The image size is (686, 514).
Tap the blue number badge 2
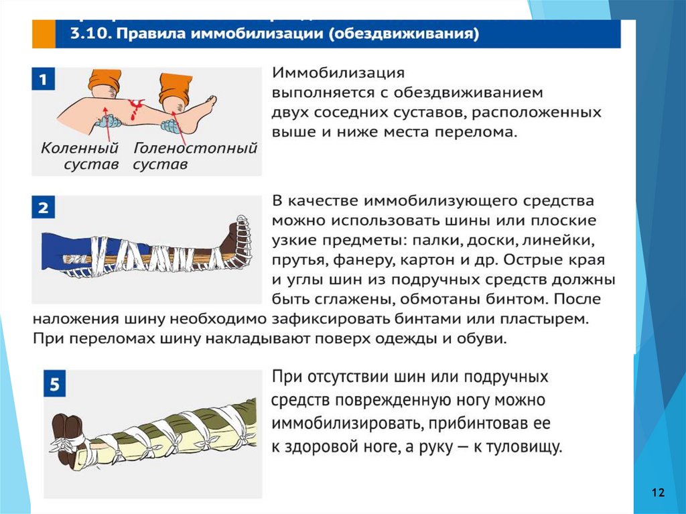(x=42, y=208)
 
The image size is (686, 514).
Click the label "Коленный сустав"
(x=80, y=155)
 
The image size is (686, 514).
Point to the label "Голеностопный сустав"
(x=195, y=155)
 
